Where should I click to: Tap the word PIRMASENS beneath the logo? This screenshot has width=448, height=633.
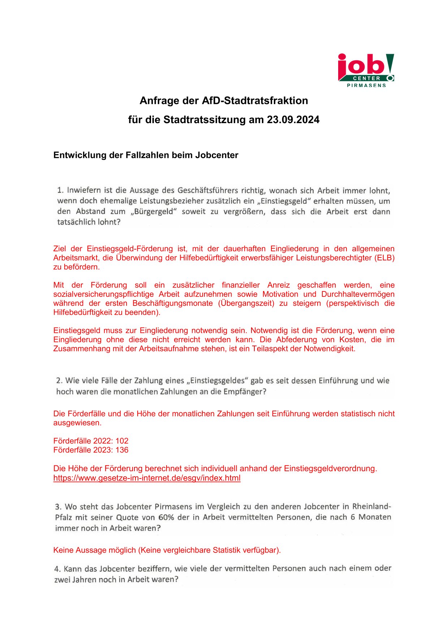click(x=366, y=86)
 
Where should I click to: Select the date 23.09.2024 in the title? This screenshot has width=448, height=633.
click(x=293, y=120)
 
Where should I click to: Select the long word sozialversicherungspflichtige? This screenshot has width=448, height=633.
click(x=103, y=294)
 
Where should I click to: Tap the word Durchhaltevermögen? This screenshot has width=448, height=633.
click(x=358, y=294)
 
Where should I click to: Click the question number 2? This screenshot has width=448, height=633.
click(x=59, y=381)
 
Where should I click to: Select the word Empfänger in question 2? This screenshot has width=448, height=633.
click(x=247, y=392)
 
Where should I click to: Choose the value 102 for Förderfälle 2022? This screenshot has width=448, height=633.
click(x=122, y=441)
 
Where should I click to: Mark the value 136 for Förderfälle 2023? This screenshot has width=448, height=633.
click(x=122, y=450)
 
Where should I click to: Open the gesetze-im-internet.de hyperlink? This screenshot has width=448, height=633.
click(x=147, y=478)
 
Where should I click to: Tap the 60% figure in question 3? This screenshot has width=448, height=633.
click(x=166, y=517)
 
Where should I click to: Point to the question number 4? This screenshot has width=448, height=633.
click(x=57, y=569)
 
